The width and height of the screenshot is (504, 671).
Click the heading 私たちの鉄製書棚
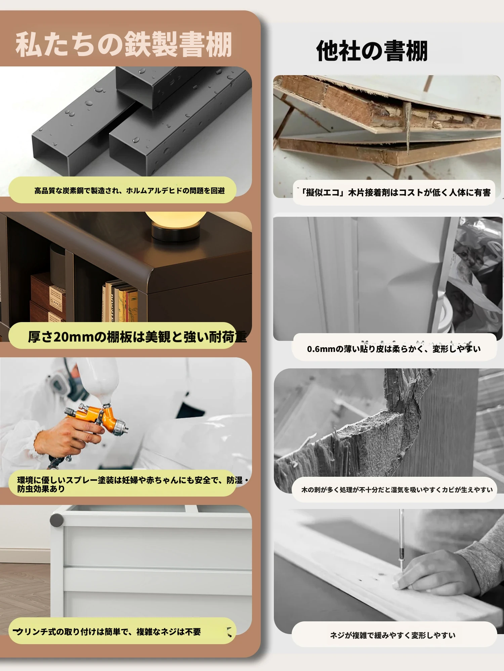tap(124, 44)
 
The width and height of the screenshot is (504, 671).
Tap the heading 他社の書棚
tap(372, 51)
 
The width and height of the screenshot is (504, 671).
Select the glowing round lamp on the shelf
tap(176, 225)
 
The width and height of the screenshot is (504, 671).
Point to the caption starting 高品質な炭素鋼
tap(129, 191)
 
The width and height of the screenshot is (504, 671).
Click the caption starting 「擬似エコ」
tap(395, 192)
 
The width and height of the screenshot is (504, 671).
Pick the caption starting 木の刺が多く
tap(397, 490)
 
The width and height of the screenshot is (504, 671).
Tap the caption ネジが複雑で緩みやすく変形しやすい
tap(393, 635)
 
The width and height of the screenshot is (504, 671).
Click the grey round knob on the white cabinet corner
tap(57, 520)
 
